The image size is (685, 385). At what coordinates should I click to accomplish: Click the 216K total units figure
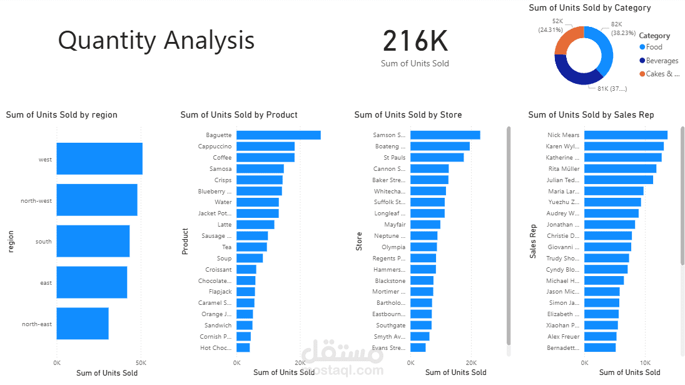click(415, 42)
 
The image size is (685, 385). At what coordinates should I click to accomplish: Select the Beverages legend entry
click(662, 61)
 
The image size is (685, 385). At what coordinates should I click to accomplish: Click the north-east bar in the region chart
click(83, 324)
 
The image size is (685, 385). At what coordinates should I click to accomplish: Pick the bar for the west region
click(99, 159)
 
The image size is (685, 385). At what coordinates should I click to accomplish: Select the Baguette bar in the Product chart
click(278, 135)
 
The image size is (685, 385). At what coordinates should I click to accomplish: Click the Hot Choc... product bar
click(243, 348)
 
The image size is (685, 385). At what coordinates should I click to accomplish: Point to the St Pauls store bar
click(437, 157)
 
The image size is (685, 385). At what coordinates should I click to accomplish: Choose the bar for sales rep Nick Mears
click(626, 135)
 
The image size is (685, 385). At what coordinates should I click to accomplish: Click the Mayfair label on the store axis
click(395, 225)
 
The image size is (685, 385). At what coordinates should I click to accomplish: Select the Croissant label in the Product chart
click(218, 270)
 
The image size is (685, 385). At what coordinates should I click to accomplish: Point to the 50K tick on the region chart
click(141, 362)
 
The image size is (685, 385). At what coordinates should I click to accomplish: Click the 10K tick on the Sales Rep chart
click(645, 362)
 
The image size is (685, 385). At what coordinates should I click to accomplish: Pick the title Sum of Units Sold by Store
click(408, 115)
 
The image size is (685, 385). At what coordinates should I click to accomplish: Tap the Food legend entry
click(654, 47)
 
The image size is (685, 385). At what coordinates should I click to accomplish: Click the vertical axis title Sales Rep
click(533, 241)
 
